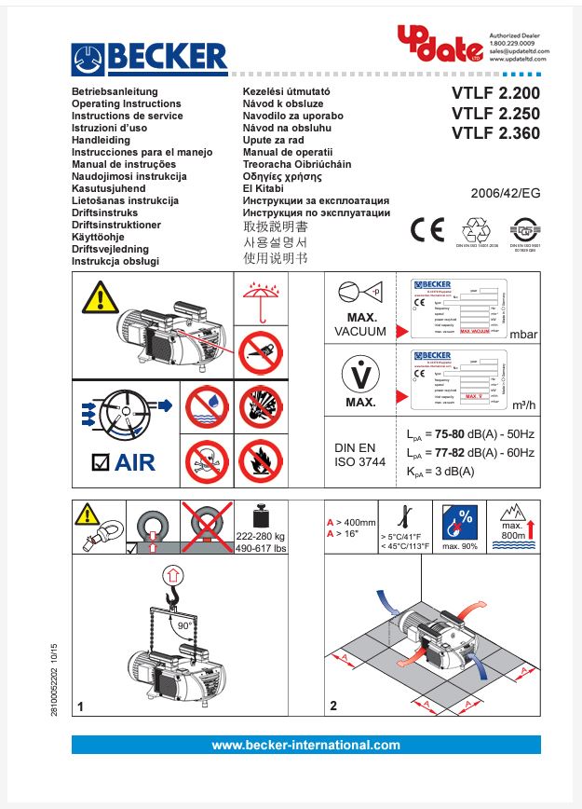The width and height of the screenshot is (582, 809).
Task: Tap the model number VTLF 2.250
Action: coord(495,114)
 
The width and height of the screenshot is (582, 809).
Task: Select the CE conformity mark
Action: coord(427,229)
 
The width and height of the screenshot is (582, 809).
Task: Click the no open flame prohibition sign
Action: coord(262,459)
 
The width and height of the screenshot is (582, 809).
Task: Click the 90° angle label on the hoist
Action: coord(184,626)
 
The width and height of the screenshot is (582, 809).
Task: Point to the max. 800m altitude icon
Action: coord(513,528)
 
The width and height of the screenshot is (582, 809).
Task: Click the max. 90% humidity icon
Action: coord(460,528)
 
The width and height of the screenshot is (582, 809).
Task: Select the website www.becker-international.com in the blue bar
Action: coord(305,745)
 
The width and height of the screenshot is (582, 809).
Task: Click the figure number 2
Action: coord(333,706)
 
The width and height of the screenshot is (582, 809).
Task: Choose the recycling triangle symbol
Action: coord(477,229)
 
